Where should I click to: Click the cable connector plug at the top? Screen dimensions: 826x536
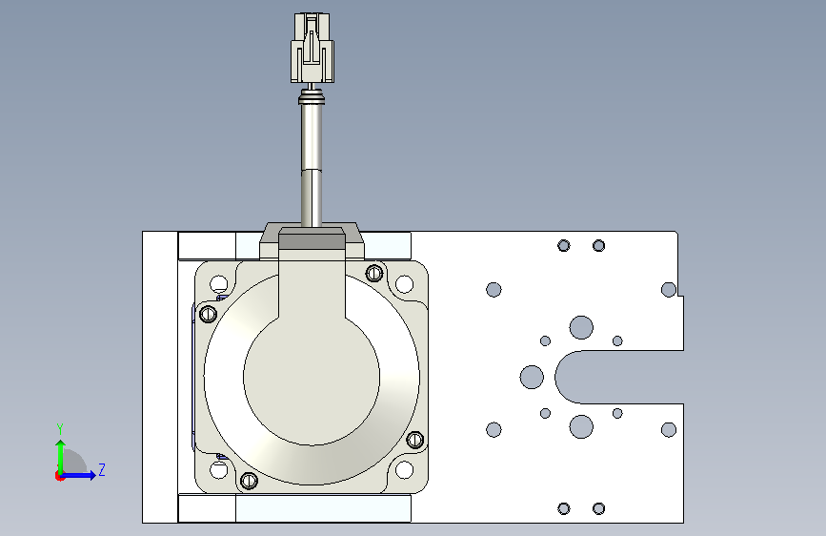pyautogui.click(x=312, y=48)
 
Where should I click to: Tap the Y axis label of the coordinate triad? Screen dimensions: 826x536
pyautogui.click(x=60, y=429)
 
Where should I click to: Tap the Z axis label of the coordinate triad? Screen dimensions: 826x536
pyautogui.click(x=102, y=470)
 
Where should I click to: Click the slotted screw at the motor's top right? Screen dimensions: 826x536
pyautogui.click(x=374, y=273)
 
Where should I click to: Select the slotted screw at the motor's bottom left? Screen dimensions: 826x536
pyautogui.click(x=249, y=480)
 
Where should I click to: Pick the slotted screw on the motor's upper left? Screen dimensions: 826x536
pyautogui.click(x=209, y=314)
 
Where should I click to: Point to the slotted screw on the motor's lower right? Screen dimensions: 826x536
pyautogui.click(x=415, y=439)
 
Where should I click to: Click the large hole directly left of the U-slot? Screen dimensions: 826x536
pyautogui.click(x=532, y=378)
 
